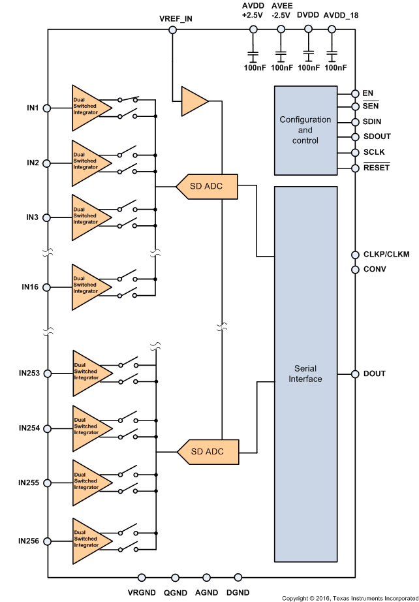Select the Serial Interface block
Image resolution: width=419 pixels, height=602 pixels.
click(305, 373)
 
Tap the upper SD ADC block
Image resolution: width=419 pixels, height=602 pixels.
click(206, 187)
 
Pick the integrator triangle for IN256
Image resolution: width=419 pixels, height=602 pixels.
click(88, 541)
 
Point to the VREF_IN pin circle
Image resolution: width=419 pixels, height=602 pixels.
click(172, 29)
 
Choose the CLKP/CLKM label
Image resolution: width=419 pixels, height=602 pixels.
click(385, 254)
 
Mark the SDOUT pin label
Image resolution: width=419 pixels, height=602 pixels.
click(376, 137)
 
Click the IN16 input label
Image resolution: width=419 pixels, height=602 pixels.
click(31, 287)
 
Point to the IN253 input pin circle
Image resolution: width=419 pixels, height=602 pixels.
click(47, 373)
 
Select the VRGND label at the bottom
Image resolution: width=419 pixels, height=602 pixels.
click(142, 592)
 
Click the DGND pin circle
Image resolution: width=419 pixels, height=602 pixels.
click(238, 577)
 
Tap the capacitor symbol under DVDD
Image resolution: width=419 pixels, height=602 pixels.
click(308, 54)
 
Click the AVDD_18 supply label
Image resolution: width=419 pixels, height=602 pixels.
click(341, 15)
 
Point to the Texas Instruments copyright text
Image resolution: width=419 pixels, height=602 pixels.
click(349, 597)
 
